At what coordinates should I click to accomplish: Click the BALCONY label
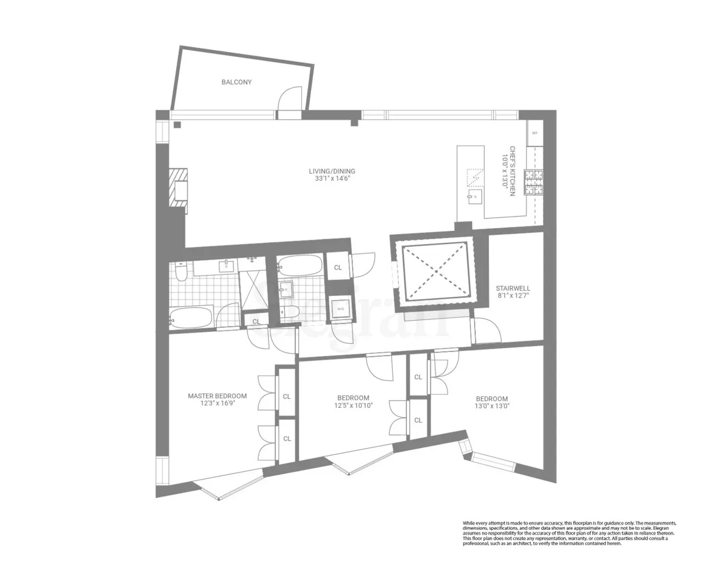236,82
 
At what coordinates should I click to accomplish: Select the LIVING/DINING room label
332,171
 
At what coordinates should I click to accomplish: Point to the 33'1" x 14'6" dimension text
332,178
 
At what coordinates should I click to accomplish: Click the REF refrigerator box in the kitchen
535,133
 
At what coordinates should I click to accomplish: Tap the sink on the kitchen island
473,198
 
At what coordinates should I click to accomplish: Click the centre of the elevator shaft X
436,271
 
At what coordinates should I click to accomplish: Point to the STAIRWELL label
513,289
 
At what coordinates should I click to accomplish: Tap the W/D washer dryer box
341,309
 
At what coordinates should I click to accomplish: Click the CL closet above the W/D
338,267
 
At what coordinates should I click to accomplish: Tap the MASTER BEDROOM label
217,396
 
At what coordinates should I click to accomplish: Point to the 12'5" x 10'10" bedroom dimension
353,405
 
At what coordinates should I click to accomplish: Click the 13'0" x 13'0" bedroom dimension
491,407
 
